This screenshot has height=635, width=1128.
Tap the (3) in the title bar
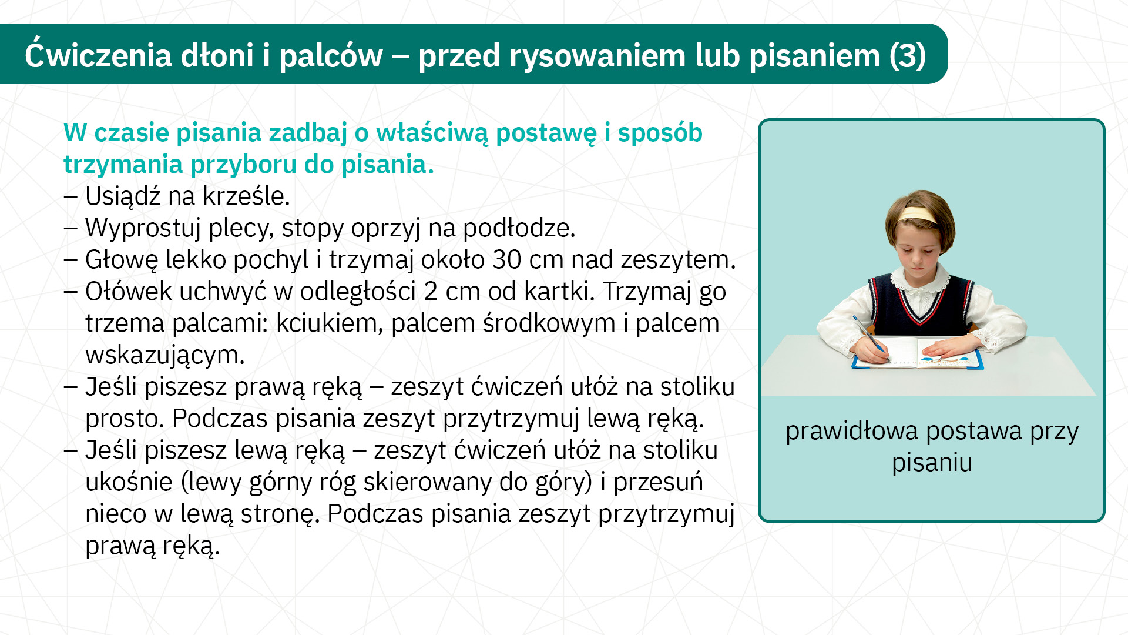[x=908, y=56]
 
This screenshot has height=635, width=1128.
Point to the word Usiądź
[x=123, y=196]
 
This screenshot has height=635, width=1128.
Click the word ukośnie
[x=129, y=482]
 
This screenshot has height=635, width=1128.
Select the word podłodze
[x=519, y=228]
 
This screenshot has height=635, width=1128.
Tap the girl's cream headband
[x=918, y=215]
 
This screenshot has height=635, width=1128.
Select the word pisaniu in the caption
[x=932, y=463]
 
